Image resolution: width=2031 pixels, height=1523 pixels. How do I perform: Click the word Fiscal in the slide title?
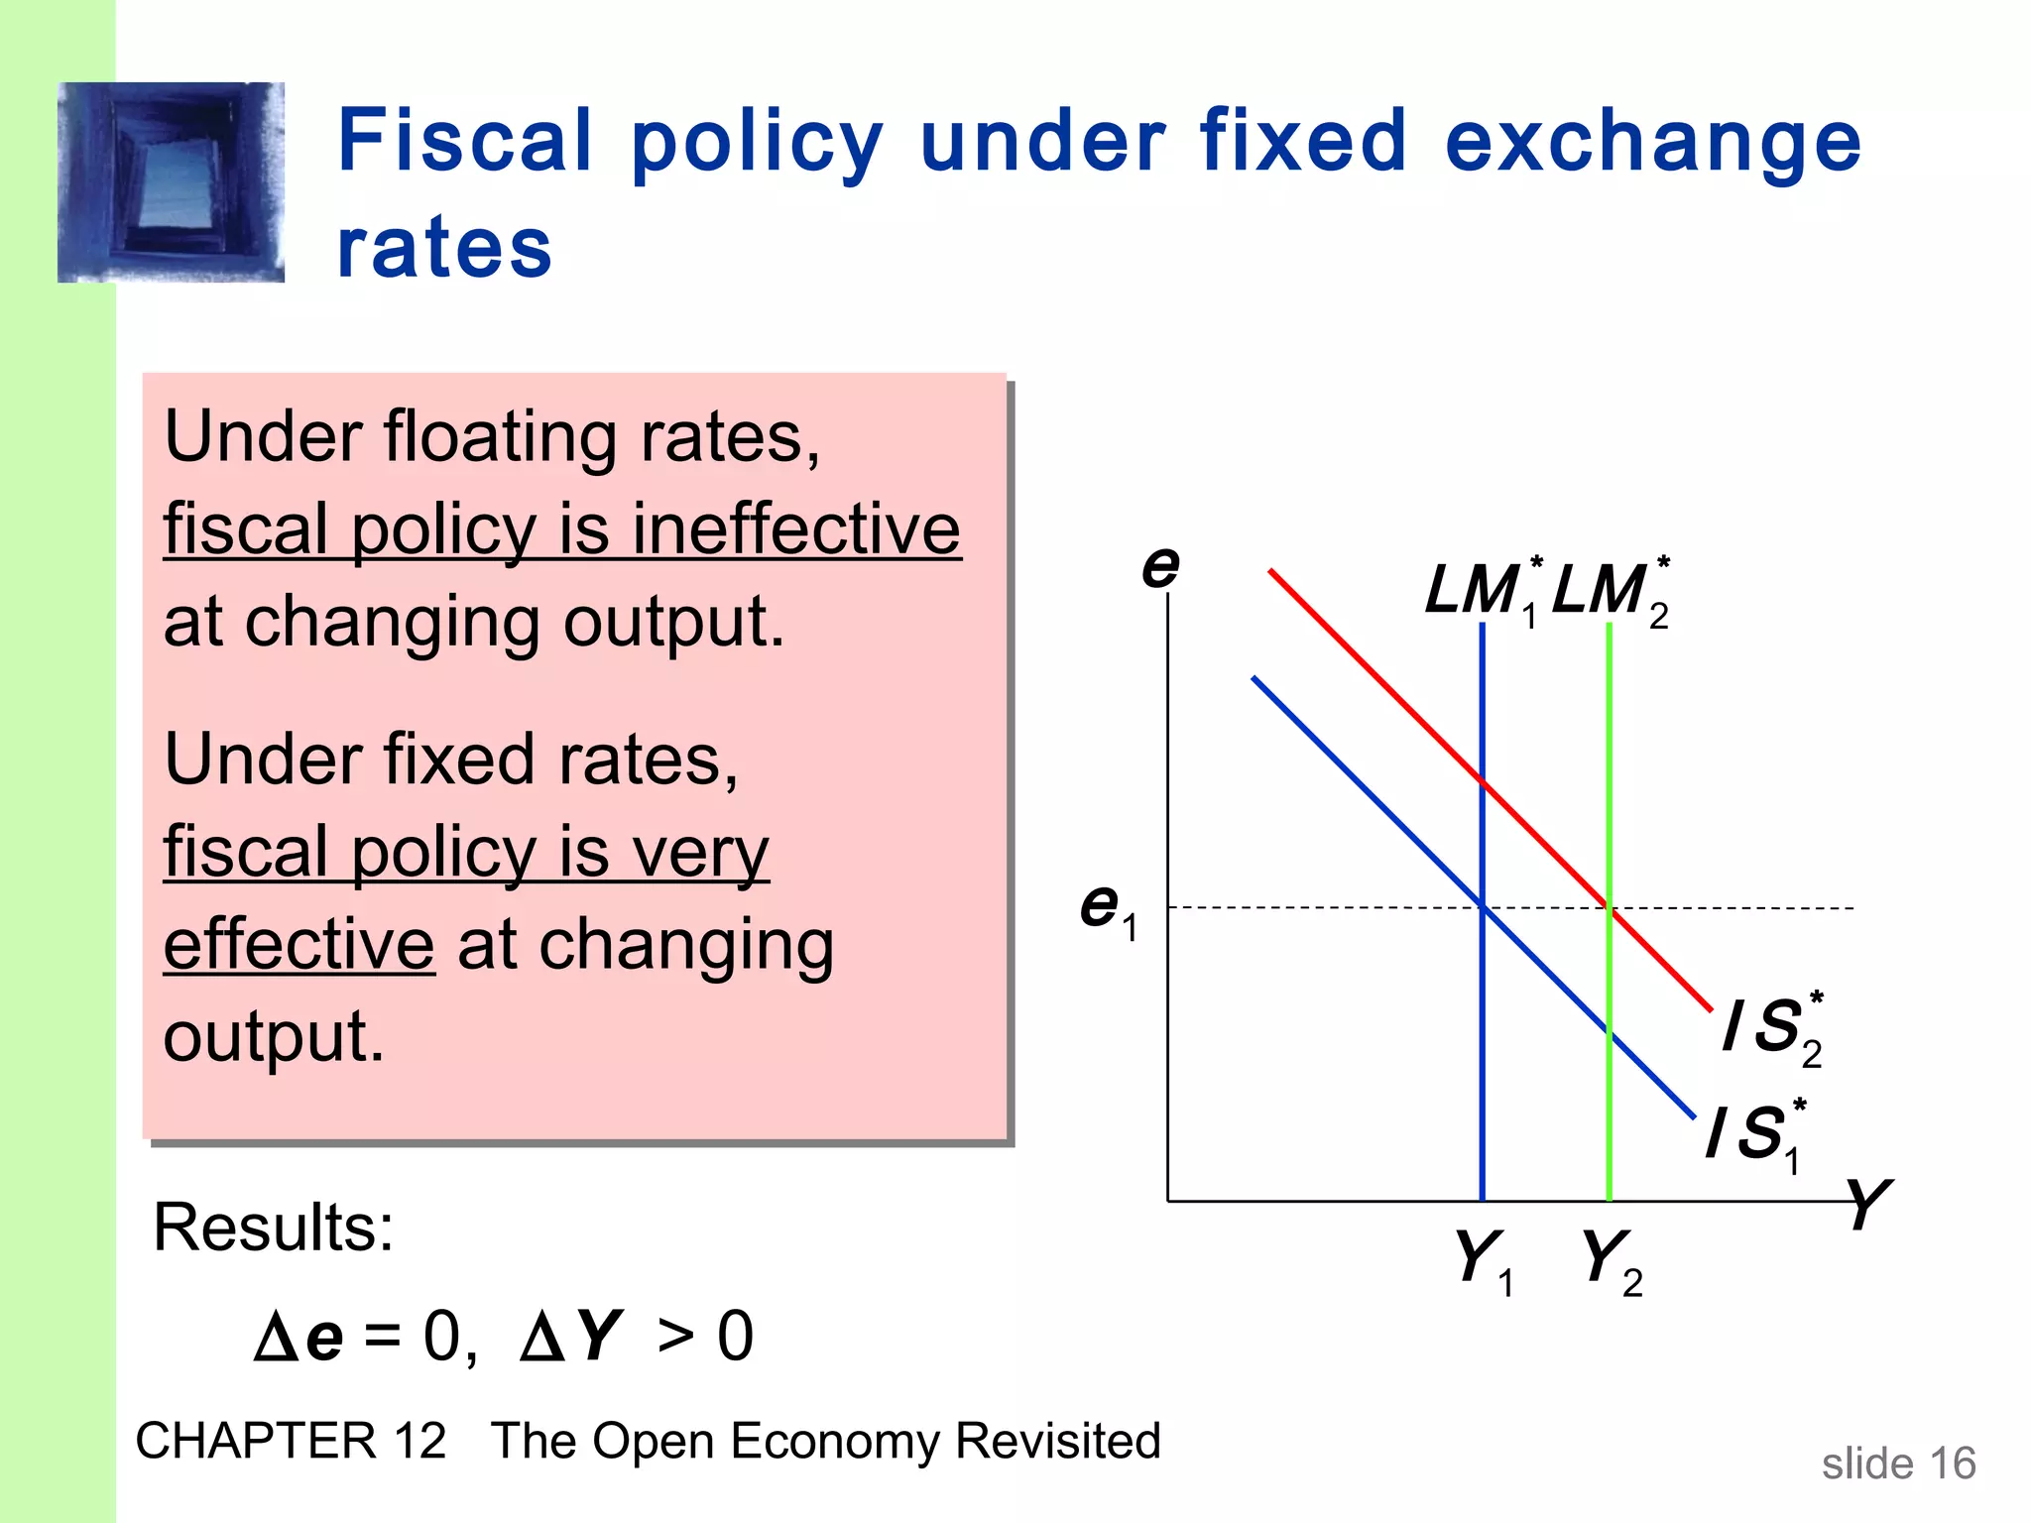pyautogui.click(x=464, y=141)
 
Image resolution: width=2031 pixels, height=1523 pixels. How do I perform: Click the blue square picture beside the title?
pyautogui.click(x=172, y=182)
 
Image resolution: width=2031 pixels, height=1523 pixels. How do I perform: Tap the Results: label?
pyautogui.click(x=274, y=1228)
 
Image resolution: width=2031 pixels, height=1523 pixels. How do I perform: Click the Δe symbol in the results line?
pyautogui.click(x=299, y=1337)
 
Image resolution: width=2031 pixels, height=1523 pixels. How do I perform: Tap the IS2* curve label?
pyautogui.click(x=1773, y=1028)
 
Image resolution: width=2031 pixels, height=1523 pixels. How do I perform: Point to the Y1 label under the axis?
pyautogui.click(x=1484, y=1260)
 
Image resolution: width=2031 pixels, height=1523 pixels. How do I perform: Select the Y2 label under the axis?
pyautogui.click(x=1611, y=1260)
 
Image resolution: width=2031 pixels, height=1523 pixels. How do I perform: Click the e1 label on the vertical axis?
pyautogui.click(x=1108, y=908)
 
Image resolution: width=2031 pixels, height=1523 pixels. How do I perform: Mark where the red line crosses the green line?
pyautogui.click(x=1609, y=907)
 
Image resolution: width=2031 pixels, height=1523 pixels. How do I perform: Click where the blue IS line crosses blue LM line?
pyautogui.click(x=1483, y=905)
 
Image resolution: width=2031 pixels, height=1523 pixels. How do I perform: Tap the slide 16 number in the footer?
pyautogui.click(x=1898, y=1464)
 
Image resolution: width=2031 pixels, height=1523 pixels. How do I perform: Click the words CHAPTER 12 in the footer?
pyautogui.click(x=291, y=1441)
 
